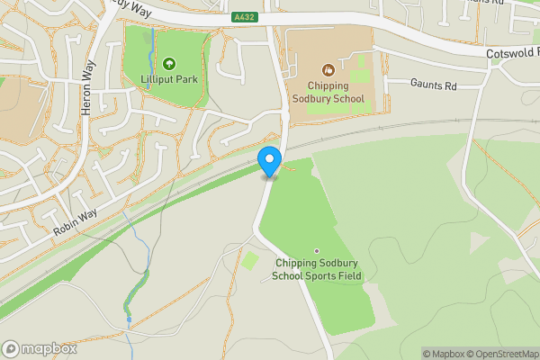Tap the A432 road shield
(243, 16)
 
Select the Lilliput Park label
(169, 79)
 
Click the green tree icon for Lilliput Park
(169, 63)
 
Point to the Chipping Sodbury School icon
(328, 68)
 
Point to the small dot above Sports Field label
(316, 250)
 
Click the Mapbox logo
(39, 347)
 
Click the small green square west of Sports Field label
(249, 261)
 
